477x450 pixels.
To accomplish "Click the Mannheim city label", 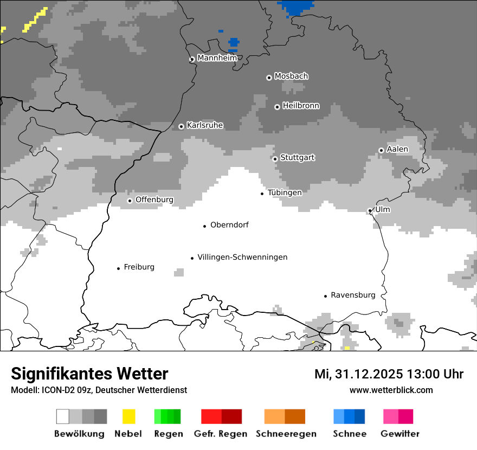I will pyautogui.click(x=217, y=58).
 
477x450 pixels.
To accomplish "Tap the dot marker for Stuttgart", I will pyautogui.click(x=275, y=159).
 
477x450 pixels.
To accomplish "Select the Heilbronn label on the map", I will pyautogui.click(x=301, y=106).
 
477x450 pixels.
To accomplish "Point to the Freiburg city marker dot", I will pyautogui.click(x=118, y=268).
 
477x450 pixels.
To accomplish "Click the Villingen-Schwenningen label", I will pyautogui.click(x=242, y=257).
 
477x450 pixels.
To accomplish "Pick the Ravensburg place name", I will pyautogui.click(x=353, y=295).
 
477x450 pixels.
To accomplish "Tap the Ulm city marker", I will pyautogui.click(x=370, y=211).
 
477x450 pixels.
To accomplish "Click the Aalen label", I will pyautogui.click(x=397, y=149).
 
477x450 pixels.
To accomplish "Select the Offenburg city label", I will pyautogui.click(x=154, y=200).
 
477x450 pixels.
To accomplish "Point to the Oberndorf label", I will pyautogui.click(x=229, y=225).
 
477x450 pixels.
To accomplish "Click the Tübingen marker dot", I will pyautogui.click(x=262, y=194).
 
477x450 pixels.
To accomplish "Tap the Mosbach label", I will pyautogui.click(x=291, y=76).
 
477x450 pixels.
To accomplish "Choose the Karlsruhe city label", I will pyautogui.click(x=205, y=125).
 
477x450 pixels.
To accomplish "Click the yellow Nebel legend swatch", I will pyautogui.click(x=128, y=416).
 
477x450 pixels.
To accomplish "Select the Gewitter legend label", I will pyautogui.click(x=400, y=434).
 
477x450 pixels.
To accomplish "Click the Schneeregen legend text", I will pyautogui.click(x=286, y=434).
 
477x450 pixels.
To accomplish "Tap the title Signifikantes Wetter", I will pyautogui.click(x=89, y=374).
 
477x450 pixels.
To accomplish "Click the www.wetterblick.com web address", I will pyautogui.click(x=391, y=390).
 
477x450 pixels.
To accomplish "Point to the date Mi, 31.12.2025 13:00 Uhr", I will pyautogui.click(x=389, y=374).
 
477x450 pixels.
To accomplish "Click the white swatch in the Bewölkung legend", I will pyautogui.click(x=63, y=416).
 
